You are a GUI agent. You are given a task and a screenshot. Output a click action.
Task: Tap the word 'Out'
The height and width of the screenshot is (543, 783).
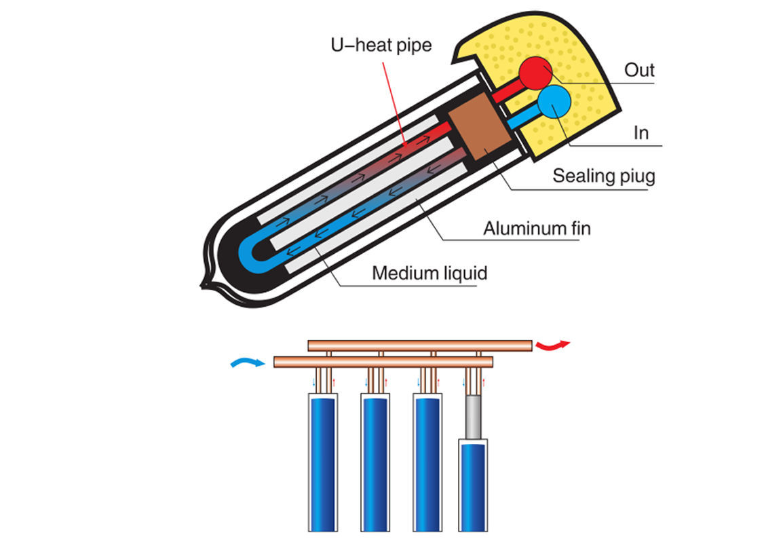[x=639, y=70]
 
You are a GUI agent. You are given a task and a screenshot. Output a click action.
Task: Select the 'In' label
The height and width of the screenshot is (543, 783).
[x=641, y=132]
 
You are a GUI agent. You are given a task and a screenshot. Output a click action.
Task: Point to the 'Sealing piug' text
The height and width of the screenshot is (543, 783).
[x=604, y=176]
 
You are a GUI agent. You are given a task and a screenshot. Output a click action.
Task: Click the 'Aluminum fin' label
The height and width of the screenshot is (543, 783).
[x=537, y=228]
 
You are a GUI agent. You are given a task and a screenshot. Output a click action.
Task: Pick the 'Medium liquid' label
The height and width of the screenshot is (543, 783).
[x=429, y=274]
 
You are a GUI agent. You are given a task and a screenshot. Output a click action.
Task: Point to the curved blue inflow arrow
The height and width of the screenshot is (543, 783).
[x=246, y=364]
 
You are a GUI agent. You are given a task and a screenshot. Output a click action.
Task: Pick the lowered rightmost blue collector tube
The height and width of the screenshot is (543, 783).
[x=474, y=485]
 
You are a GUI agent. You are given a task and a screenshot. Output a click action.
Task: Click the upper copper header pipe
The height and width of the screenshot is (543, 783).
[x=419, y=345]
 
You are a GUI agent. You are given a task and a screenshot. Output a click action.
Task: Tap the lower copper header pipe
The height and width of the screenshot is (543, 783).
[x=383, y=362]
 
